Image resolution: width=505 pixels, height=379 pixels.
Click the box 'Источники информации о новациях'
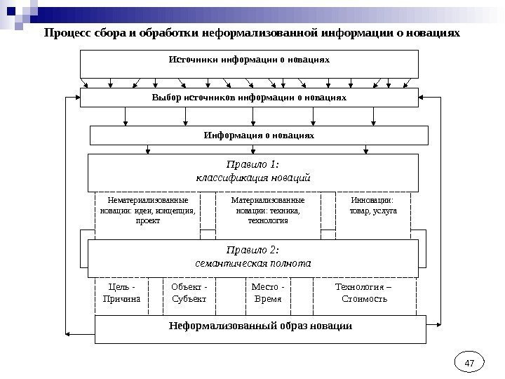[x=249, y=63]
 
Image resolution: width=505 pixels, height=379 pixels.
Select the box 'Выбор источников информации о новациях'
[x=249, y=97]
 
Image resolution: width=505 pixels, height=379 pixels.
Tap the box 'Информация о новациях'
[x=259, y=134]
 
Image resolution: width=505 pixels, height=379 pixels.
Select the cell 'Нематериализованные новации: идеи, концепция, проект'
[x=147, y=211]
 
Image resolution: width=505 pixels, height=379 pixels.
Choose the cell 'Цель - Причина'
[x=121, y=293]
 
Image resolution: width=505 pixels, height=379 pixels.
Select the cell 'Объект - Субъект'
[x=189, y=293]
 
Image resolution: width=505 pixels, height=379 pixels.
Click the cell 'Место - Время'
[x=267, y=293]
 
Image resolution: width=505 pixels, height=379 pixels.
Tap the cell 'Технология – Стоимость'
[x=364, y=293]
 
